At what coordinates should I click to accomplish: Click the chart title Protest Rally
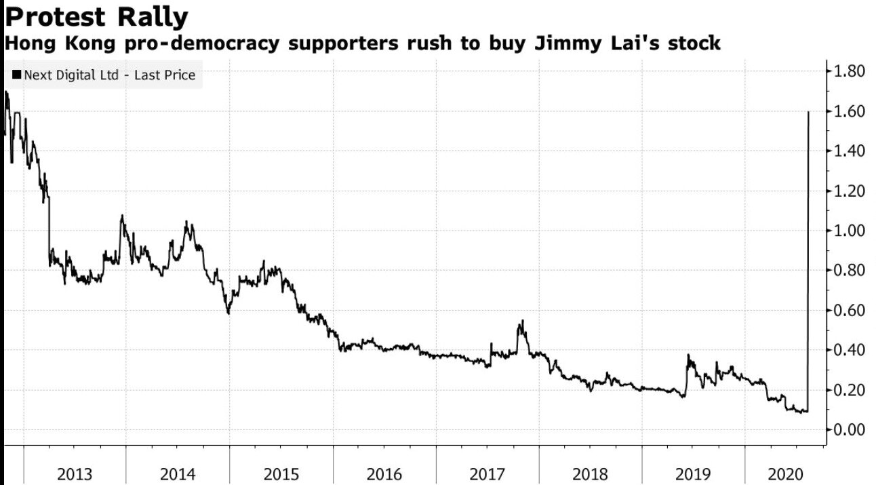pyautogui.click(x=96, y=16)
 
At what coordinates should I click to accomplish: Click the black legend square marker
pyautogui.click(x=16, y=75)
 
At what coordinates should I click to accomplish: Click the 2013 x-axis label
pyautogui.click(x=75, y=473)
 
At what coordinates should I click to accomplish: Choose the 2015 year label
pyautogui.click(x=281, y=473)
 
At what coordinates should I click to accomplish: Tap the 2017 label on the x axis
pyautogui.click(x=487, y=473)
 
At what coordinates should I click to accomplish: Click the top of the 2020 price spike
pyautogui.click(x=808, y=112)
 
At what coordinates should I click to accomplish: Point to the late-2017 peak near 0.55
pyautogui.click(x=522, y=321)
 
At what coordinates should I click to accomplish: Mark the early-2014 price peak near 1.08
pyautogui.click(x=122, y=216)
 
